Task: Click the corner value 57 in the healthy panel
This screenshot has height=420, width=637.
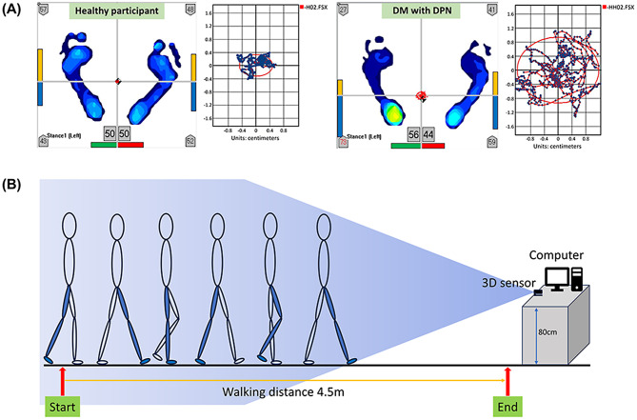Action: point(42,10)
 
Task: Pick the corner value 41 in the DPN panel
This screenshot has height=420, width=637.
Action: point(491,10)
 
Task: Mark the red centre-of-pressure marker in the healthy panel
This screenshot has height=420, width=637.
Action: point(118,82)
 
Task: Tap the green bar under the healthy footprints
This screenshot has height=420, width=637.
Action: point(102,146)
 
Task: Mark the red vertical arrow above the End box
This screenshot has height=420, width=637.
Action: point(507,378)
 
